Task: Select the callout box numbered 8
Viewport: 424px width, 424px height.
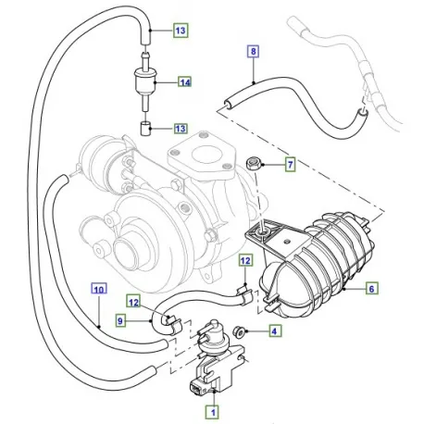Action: tap(253, 53)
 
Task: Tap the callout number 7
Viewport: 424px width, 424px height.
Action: tap(290, 166)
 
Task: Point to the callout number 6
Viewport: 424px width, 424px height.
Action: tap(369, 289)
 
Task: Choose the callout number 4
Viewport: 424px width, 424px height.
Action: tap(274, 330)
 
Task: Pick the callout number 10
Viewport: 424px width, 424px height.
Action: tap(98, 288)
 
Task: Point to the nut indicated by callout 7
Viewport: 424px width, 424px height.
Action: tap(253, 166)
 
